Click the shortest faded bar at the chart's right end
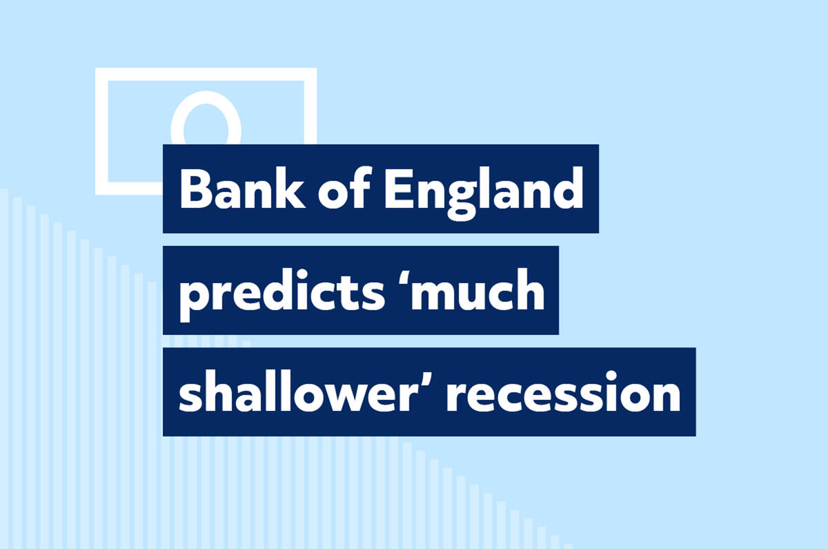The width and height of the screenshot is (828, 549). (x=568, y=546)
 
